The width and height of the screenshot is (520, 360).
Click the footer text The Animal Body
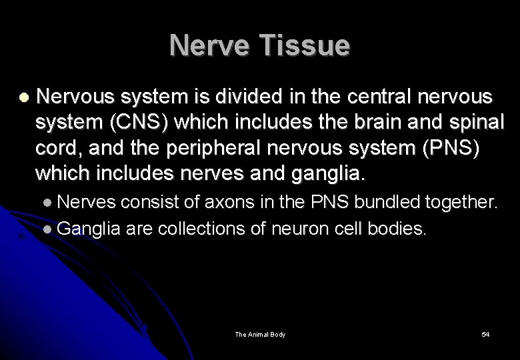click(260, 334)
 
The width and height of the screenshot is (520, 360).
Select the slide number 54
click(485, 334)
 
